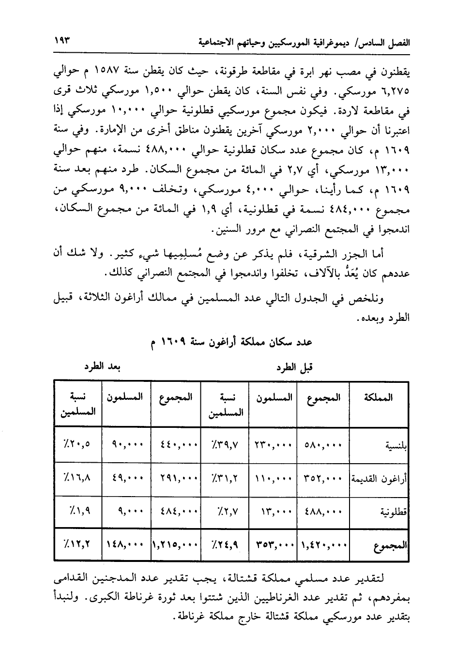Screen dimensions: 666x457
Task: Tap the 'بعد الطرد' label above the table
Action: [102, 366]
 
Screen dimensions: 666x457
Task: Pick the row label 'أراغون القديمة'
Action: [379, 480]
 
